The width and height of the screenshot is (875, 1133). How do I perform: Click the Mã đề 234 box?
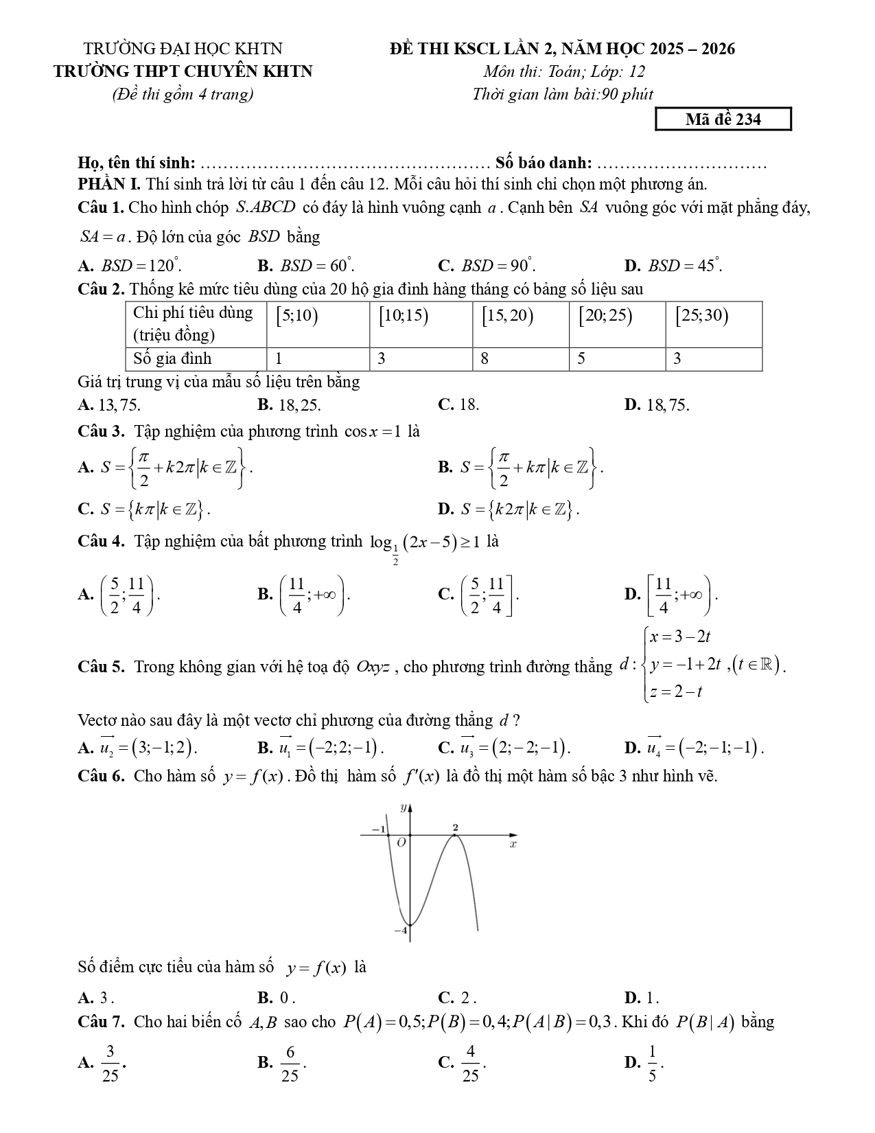point(723,119)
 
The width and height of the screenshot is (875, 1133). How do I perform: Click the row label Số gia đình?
point(172,358)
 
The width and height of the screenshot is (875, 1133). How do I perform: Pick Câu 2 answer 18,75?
point(657,405)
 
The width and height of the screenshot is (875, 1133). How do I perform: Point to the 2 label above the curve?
point(455,827)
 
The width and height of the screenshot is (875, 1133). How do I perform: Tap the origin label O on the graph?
point(402,842)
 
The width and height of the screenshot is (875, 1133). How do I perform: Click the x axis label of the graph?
point(513,844)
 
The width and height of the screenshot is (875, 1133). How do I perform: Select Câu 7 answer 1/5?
point(645,1063)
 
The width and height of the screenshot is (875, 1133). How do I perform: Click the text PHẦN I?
point(109,184)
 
